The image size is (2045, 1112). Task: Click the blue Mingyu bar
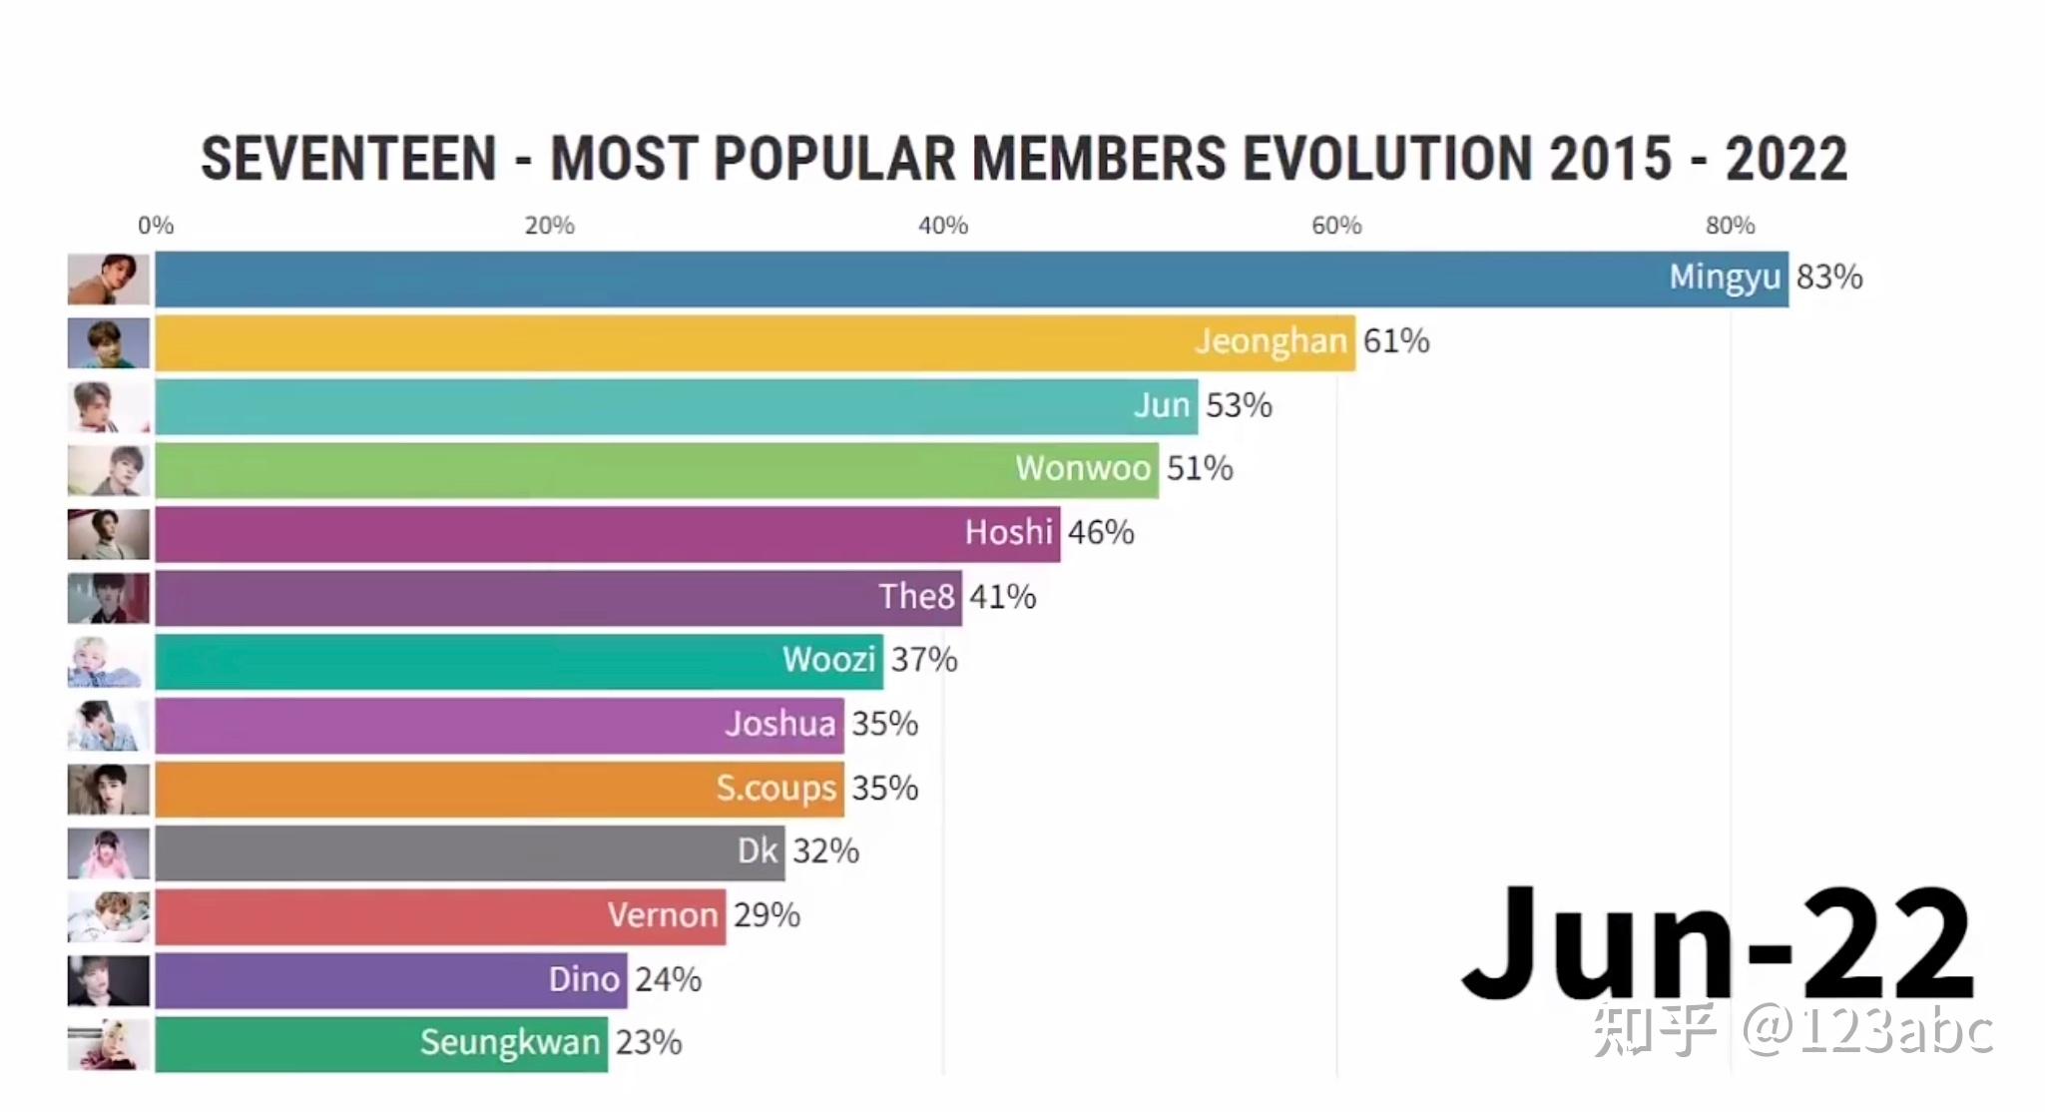[898, 278]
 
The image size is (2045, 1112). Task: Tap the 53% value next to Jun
[1239, 405]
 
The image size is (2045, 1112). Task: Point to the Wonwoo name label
[1083, 468]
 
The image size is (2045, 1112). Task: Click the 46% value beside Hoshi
[1101, 532]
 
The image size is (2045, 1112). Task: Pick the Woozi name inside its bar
[828, 660]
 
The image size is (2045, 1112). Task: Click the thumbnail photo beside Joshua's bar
[109, 725]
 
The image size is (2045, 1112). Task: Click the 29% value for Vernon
[767, 915]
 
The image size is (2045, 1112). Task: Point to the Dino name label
[584, 979]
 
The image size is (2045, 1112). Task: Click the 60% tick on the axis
[1336, 226]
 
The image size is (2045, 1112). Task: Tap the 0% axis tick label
[156, 226]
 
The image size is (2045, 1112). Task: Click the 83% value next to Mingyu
[1829, 277]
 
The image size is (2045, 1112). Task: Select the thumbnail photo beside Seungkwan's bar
[109, 1044]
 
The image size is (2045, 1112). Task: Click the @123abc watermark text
[1866, 1030]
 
